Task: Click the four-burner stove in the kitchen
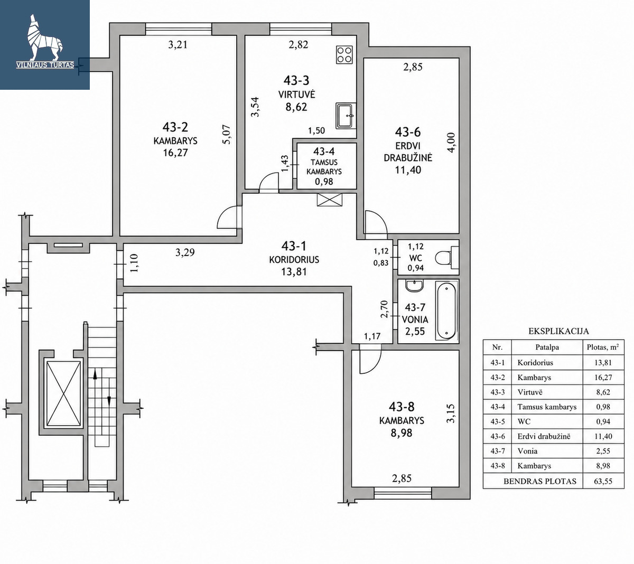[x=344, y=54]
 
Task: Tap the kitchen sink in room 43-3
[x=346, y=116]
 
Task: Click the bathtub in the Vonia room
[x=446, y=311]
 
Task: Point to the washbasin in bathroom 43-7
[x=415, y=286]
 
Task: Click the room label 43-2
[x=175, y=127]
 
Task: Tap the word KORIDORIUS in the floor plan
[x=294, y=259]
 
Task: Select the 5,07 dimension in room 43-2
[x=227, y=134]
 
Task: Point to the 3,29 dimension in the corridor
[x=185, y=252]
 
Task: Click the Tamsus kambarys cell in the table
[x=547, y=407]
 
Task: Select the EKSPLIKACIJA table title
[x=558, y=331]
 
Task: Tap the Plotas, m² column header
[x=603, y=347]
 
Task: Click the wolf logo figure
[x=45, y=37]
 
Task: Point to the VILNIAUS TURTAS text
[x=45, y=65]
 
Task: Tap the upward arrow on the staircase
[x=95, y=374]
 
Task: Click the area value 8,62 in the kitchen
[x=296, y=107]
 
